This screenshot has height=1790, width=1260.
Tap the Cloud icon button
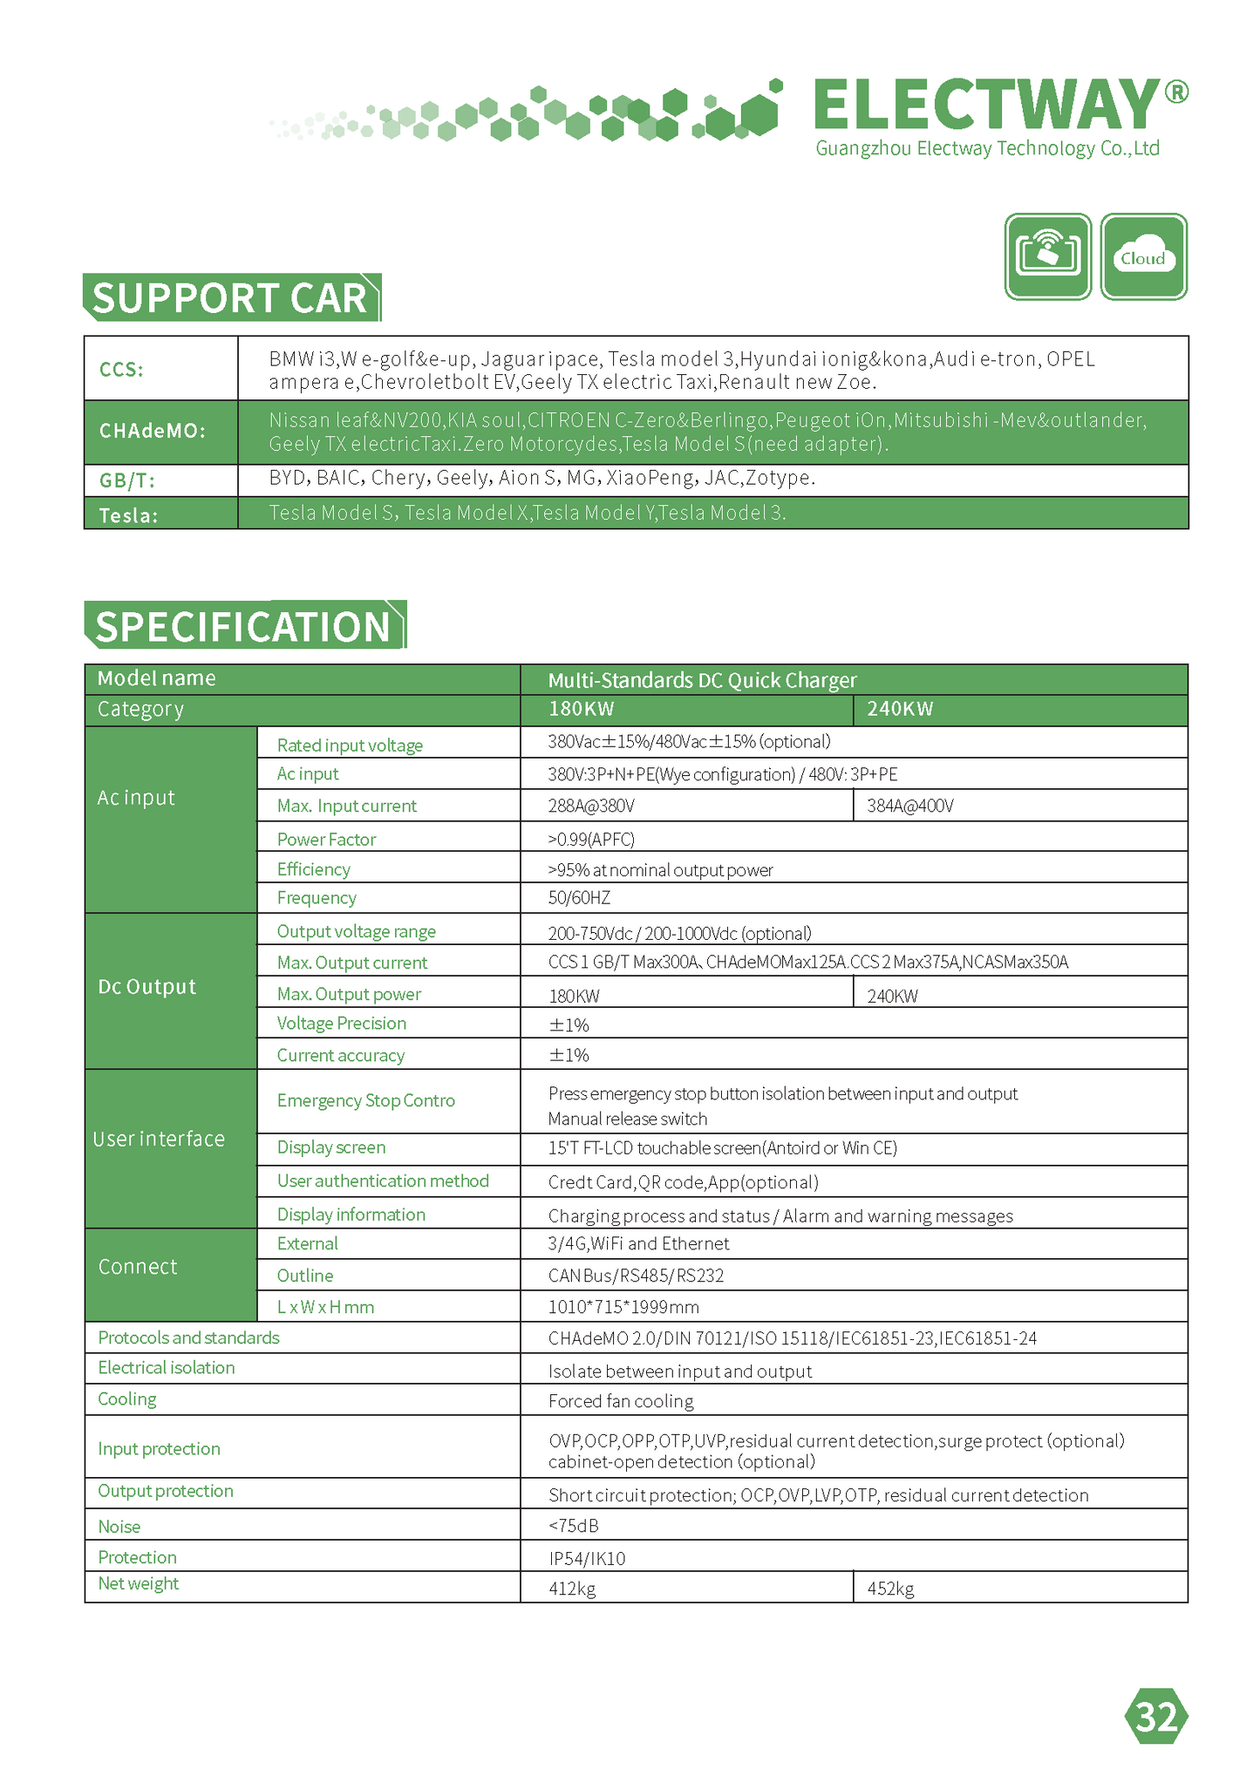point(1143,257)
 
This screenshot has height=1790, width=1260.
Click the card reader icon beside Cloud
point(1048,257)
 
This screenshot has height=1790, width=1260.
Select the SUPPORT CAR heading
point(230,298)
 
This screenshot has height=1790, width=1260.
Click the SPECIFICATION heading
point(243,626)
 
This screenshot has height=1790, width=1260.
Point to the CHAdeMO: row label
point(153,431)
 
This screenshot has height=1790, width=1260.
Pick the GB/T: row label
point(127,480)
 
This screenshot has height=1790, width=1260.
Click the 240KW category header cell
point(900,709)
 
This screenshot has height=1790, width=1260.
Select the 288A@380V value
point(591,806)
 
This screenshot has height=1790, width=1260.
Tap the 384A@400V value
point(909,806)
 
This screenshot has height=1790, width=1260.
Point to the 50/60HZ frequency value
point(579,897)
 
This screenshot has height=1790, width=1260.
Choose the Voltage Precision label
point(341,1023)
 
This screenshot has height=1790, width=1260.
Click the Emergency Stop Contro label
point(365,1100)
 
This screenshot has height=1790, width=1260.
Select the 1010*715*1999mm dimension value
point(623,1306)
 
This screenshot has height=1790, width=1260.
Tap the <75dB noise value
point(573,1525)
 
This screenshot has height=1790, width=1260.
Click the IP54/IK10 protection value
point(586,1558)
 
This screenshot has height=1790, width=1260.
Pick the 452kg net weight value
point(890,1589)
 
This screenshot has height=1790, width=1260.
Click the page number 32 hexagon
point(1156,1716)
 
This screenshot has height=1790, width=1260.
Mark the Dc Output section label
point(146,987)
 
